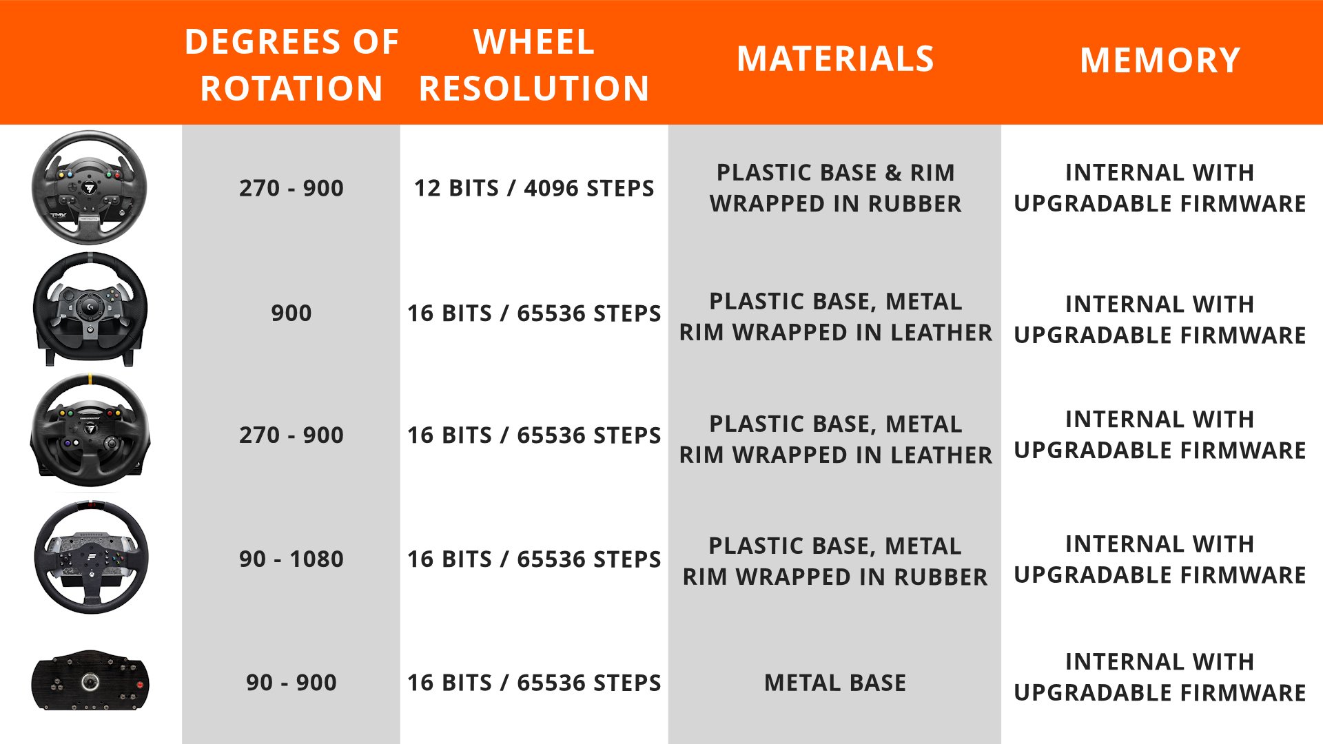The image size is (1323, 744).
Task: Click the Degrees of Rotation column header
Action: tap(291, 65)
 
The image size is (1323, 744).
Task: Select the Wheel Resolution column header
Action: tap(534, 65)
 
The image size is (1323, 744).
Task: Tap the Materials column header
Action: tap(835, 59)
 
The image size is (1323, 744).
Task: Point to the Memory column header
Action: tap(1160, 61)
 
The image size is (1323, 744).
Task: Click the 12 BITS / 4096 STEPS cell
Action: tap(534, 188)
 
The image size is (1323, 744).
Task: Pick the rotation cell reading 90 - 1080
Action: tap(291, 559)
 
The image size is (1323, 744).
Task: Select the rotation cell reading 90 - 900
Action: tap(291, 682)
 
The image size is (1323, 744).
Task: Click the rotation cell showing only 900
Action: tap(291, 313)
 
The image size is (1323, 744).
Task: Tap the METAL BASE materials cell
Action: tap(835, 682)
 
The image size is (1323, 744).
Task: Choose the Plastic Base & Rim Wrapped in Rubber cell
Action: tap(835, 188)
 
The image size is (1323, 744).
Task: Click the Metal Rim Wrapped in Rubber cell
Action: tap(835, 561)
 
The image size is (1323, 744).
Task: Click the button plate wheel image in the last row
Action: tap(90, 681)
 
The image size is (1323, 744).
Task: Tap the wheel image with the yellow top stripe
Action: tap(90, 431)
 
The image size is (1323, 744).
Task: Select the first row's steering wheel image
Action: tap(90, 187)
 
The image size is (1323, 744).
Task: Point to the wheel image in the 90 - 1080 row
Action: tap(91, 557)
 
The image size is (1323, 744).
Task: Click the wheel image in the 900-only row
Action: tap(90, 309)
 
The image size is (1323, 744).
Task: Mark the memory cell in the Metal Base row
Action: tap(1160, 677)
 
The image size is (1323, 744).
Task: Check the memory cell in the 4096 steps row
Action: tap(1160, 188)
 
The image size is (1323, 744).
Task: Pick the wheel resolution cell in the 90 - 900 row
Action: tap(534, 682)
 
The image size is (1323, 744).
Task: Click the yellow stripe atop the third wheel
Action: tap(90, 380)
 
